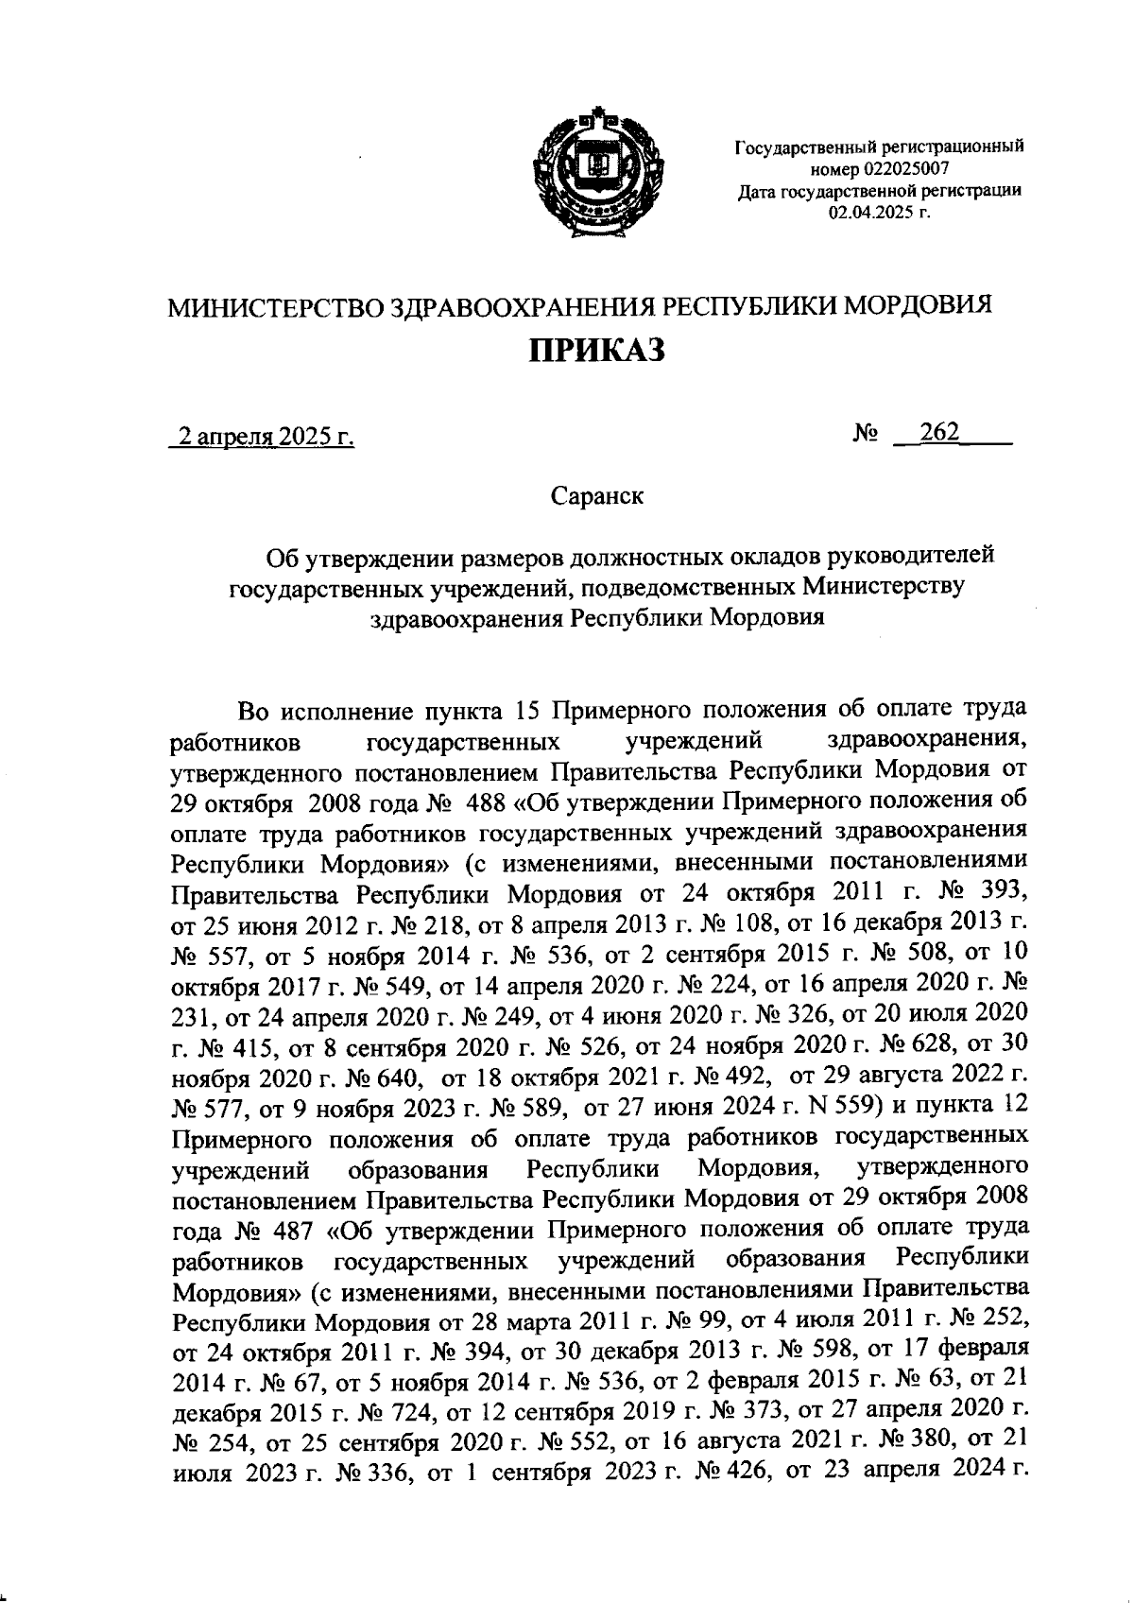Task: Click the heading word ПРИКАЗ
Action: pyautogui.click(x=596, y=350)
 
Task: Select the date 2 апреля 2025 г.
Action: pyautogui.click(x=260, y=437)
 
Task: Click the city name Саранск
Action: pyautogui.click(x=596, y=495)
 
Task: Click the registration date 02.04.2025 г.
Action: pyautogui.click(x=879, y=213)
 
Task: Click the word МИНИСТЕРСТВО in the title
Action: pyautogui.click(x=275, y=307)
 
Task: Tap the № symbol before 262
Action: pyautogui.click(x=867, y=434)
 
